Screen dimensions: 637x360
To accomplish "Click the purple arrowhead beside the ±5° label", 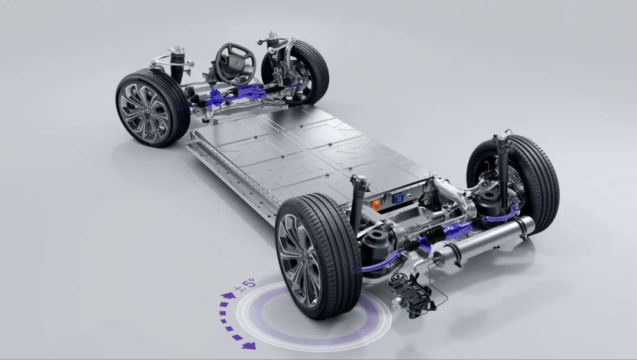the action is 228,295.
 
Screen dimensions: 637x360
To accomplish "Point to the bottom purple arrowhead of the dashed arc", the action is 248,345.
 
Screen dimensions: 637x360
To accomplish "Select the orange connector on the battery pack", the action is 376,205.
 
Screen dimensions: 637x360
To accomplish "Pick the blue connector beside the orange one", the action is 398,198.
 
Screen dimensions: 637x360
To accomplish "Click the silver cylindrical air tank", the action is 484,244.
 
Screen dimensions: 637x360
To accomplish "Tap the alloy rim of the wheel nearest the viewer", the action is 299,260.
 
